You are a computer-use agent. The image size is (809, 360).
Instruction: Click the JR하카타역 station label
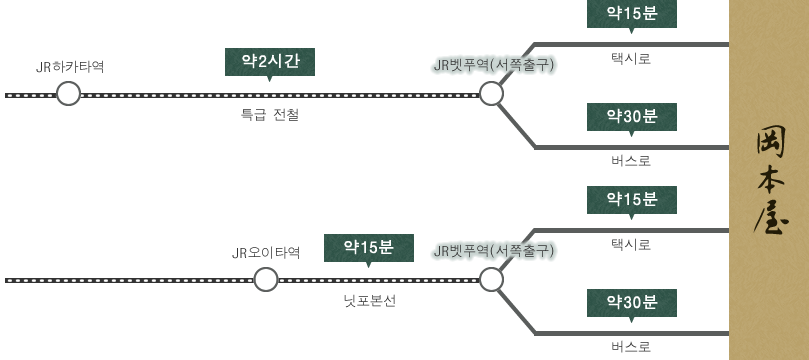(x=70, y=67)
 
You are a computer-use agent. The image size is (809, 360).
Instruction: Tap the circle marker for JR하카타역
(x=68, y=95)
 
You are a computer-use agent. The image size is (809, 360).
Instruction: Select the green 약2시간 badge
(x=270, y=62)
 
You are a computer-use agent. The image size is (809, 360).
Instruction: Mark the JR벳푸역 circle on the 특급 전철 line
(x=491, y=95)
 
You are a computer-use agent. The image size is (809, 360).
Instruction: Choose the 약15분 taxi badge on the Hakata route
(x=631, y=14)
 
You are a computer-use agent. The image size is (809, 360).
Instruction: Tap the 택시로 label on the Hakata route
(x=631, y=59)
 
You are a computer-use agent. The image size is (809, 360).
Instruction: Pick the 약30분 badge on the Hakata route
(x=631, y=116)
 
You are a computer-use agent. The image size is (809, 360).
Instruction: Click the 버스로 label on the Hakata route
(x=631, y=160)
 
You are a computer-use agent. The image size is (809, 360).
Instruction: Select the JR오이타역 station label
(x=264, y=252)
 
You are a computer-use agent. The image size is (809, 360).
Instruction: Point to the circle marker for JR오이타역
(x=265, y=279)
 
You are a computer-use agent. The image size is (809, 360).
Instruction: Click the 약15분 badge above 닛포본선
(x=369, y=247)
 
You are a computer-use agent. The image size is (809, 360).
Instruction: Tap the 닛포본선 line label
(x=369, y=300)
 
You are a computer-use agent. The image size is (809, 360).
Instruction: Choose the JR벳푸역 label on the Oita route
(x=492, y=251)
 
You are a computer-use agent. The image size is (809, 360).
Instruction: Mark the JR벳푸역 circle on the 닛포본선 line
(x=491, y=279)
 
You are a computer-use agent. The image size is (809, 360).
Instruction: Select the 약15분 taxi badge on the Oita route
(x=631, y=199)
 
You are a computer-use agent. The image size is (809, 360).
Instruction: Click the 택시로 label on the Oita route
(x=631, y=244)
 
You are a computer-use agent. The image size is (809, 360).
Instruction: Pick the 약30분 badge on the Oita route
(x=631, y=302)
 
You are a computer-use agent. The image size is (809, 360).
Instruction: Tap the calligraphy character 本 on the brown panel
(x=769, y=179)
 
